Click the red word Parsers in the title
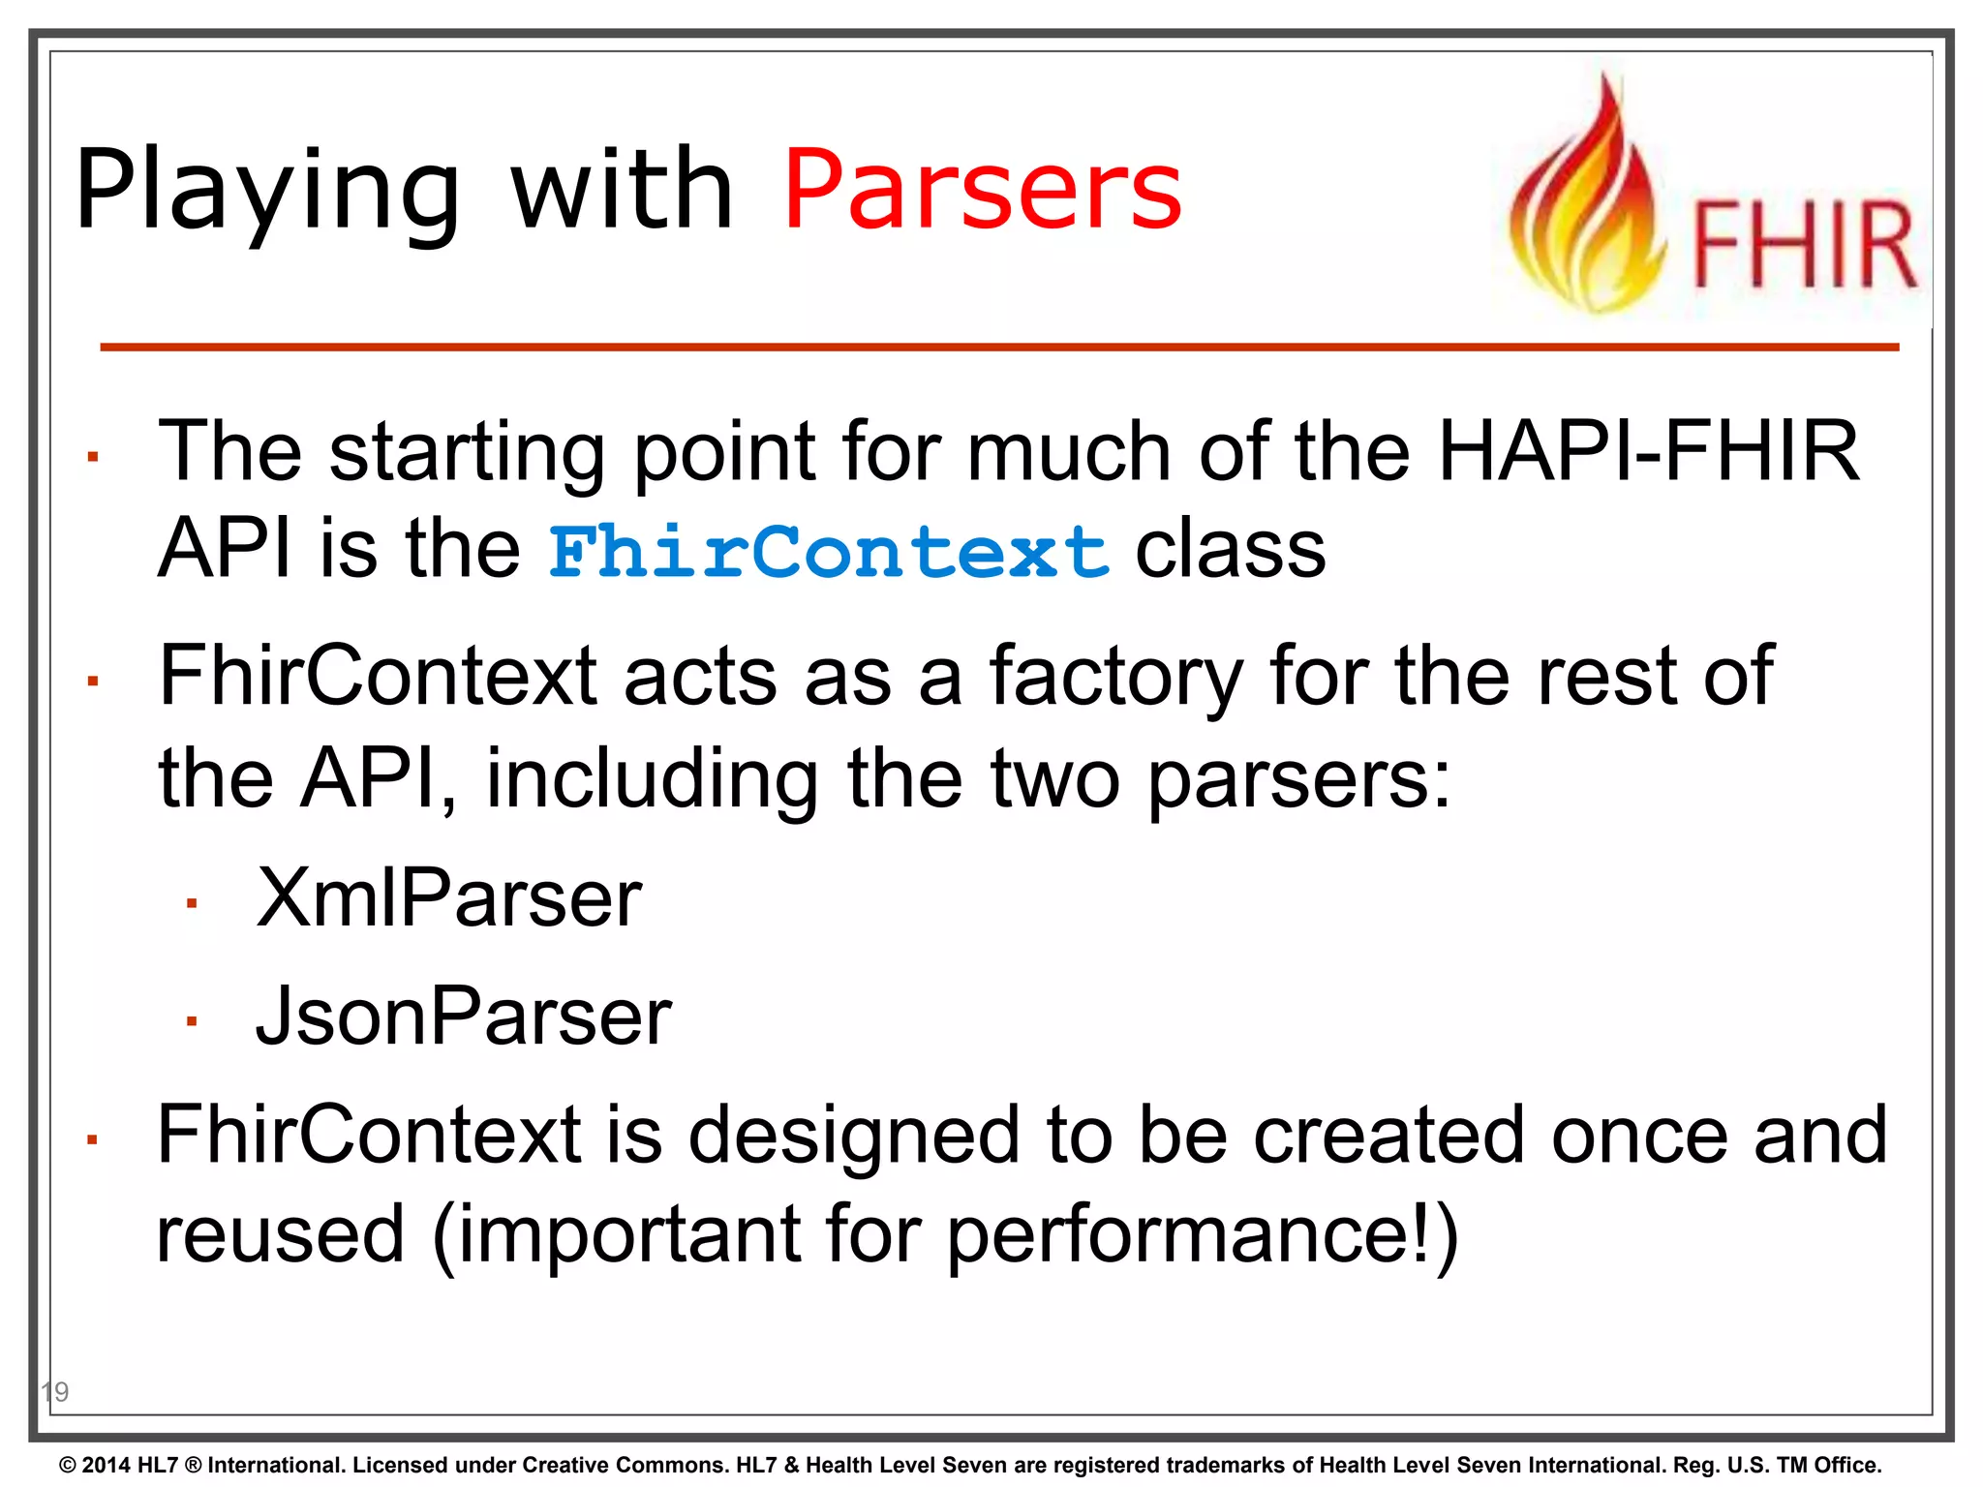point(982,191)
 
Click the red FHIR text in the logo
point(1804,245)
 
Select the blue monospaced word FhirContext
point(829,552)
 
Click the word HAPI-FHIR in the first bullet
point(1648,451)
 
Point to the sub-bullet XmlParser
point(448,898)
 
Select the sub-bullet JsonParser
point(463,1017)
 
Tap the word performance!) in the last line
point(1201,1235)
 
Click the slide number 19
point(55,1392)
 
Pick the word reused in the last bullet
point(280,1235)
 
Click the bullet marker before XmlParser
point(192,904)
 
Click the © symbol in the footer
point(68,1466)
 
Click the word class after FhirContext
point(1230,550)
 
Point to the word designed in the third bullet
point(853,1135)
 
